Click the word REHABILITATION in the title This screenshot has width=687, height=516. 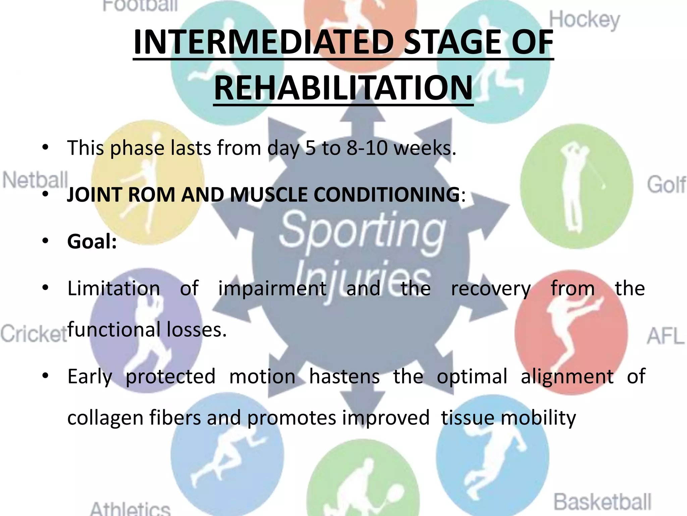click(343, 88)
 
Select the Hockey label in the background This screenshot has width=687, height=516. click(584, 20)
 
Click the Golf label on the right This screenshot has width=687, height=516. click(666, 185)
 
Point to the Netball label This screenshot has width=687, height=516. click(35, 180)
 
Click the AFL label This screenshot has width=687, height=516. click(665, 336)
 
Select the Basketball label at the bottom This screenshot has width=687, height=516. click(602, 502)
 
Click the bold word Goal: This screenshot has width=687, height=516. click(92, 242)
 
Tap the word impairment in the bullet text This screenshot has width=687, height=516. click(272, 289)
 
